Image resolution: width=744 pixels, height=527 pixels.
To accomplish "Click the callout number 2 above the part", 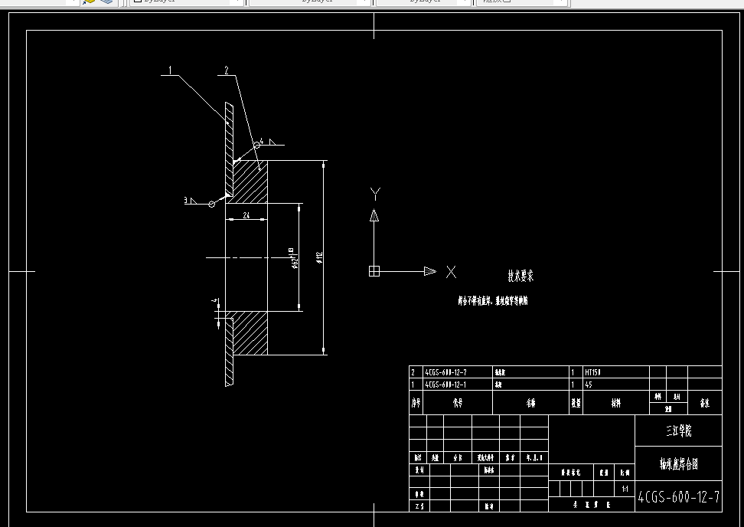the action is tap(227, 70).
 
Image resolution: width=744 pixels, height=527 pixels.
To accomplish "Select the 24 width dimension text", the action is tap(246, 216).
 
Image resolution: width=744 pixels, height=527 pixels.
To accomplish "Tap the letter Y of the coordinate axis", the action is tap(375, 193).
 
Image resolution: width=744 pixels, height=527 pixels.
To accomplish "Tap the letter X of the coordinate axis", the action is tap(451, 271).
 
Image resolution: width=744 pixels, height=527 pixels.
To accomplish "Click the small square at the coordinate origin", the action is tap(374, 271).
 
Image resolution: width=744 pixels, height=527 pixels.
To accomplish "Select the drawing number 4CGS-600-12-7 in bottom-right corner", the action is tap(678, 498).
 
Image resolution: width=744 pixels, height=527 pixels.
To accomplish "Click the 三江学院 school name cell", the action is tap(678, 431).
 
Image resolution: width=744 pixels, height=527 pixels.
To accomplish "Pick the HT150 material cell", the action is tap(594, 372).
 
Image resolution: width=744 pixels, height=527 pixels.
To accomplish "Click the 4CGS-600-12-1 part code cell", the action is tap(445, 385).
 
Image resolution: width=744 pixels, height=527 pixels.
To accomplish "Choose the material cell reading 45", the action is tap(589, 385).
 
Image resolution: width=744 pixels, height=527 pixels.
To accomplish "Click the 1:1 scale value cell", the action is tap(625, 488).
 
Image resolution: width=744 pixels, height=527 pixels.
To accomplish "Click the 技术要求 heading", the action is tap(520, 277).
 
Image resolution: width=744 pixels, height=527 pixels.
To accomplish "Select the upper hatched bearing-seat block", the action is tap(250, 182).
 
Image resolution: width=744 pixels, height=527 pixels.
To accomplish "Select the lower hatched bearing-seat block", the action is tap(250, 332).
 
